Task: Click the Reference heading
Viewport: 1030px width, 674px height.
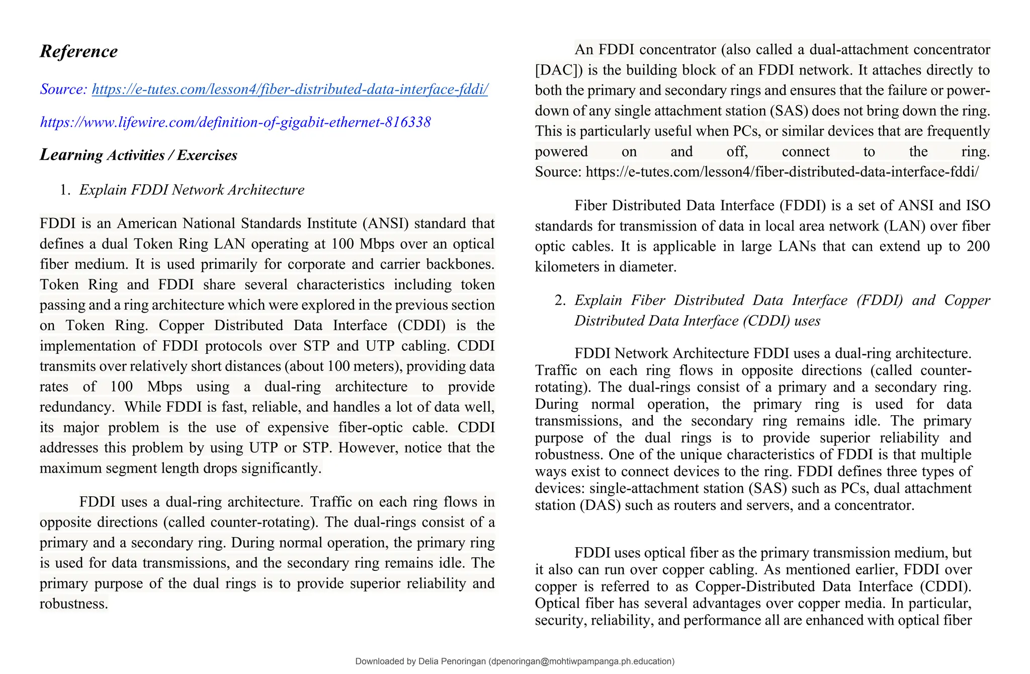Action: coord(78,51)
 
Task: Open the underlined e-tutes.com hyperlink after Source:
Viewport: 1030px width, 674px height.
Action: coord(290,90)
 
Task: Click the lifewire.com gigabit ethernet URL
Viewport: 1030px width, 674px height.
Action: coord(235,122)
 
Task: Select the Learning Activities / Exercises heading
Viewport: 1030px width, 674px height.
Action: coord(138,155)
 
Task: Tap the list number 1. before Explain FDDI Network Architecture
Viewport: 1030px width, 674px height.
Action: coord(65,190)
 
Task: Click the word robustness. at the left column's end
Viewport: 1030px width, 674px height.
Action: coord(74,604)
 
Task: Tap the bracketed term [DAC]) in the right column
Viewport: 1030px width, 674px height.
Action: coord(559,70)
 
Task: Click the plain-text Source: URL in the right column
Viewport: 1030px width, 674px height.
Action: coord(782,172)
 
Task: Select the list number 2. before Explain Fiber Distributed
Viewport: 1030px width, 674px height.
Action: coord(560,301)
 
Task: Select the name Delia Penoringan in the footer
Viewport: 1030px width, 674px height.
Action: coord(452,661)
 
